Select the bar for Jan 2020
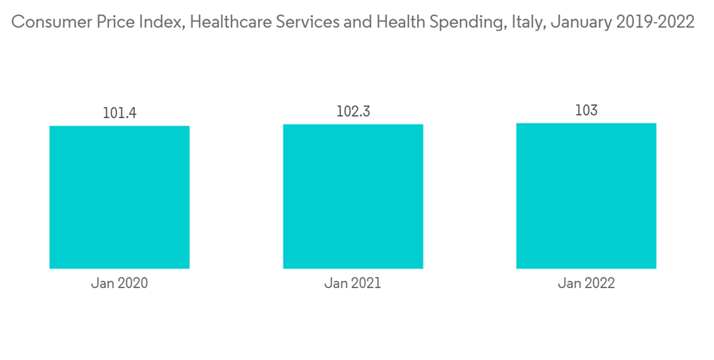click(119, 197)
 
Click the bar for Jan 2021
click(353, 196)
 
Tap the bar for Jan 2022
click(585, 196)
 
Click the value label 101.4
click(119, 113)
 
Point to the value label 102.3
click(353, 111)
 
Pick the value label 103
click(585, 111)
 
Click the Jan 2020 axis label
click(119, 284)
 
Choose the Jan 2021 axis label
click(353, 284)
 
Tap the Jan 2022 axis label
click(585, 284)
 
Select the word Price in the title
click(109, 22)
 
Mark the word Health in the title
click(397, 22)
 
